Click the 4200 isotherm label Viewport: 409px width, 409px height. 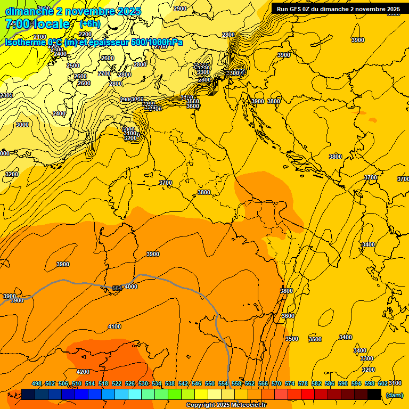(83, 372)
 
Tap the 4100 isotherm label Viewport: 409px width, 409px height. (114, 326)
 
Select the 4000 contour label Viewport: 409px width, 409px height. (131, 287)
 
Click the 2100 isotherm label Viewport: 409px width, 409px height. (40, 37)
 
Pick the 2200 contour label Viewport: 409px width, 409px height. (85, 35)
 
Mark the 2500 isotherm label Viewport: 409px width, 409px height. (73, 66)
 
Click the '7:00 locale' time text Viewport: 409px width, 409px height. (38, 24)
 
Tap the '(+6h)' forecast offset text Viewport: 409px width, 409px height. (89, 24)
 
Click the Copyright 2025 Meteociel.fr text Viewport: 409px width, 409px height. (226, 405)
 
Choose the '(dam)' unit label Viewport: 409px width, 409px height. (395, 395)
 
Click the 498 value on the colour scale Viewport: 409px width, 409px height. (37, 383)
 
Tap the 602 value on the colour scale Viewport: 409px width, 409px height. (383, 383)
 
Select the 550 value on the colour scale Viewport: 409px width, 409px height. (210, 383)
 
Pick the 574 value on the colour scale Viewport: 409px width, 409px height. (290, 383)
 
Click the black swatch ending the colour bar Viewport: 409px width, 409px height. (374, 394)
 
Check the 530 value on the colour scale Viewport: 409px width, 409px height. (143, 383)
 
